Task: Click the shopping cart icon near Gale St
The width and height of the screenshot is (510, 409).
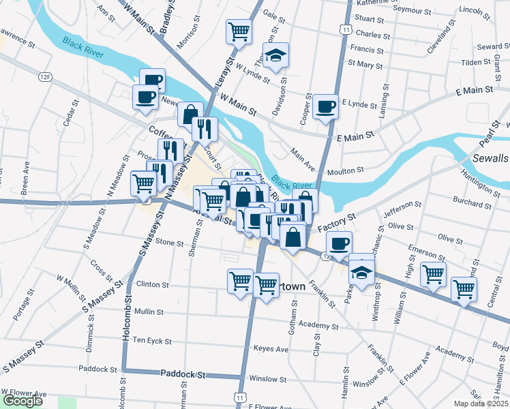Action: (x=239, y=31)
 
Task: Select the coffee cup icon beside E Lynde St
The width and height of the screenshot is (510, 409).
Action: (x=326, y=106)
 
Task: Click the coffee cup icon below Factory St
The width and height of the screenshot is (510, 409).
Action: (x=338, y=243)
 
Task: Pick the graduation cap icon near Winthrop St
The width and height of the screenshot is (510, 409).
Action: (x=362, y=271)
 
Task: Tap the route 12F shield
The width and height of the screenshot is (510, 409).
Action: (x=46, y=77)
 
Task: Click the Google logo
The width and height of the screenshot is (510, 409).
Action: (x=22, y=401)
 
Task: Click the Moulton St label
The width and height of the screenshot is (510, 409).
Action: (x=343, y=172)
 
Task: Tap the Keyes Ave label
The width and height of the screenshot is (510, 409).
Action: (x=271, y=348)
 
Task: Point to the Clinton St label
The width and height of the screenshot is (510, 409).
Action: (x=152, y=284)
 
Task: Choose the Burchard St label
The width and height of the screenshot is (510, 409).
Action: (x=472, y=200)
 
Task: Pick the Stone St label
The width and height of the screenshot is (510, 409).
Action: (x=170, y=242)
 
